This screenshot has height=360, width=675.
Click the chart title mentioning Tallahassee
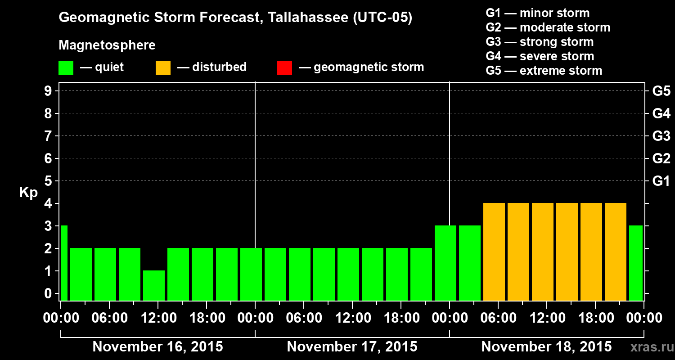[235, 18]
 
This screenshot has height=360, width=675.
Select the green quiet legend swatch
[66, 67]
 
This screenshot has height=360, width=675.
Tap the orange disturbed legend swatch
[163, 67]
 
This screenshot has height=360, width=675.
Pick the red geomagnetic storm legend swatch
[284, 67]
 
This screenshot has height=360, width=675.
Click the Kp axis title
[28, 193]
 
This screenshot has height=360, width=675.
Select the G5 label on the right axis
[661, 91]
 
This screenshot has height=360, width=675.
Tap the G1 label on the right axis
[661, 181]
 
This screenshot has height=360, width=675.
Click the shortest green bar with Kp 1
[154, 285]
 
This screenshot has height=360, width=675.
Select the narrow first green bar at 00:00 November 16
[64, 263]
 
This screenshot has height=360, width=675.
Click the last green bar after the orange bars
[636, 263]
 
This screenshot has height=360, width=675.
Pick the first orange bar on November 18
[494, 252]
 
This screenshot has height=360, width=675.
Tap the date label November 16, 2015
[157, 347]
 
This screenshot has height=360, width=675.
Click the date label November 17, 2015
[352, 347]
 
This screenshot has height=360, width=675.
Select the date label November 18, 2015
[546, 347]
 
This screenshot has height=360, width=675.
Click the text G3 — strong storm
[540, 42]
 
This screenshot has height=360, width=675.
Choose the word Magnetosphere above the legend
[107, 45]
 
